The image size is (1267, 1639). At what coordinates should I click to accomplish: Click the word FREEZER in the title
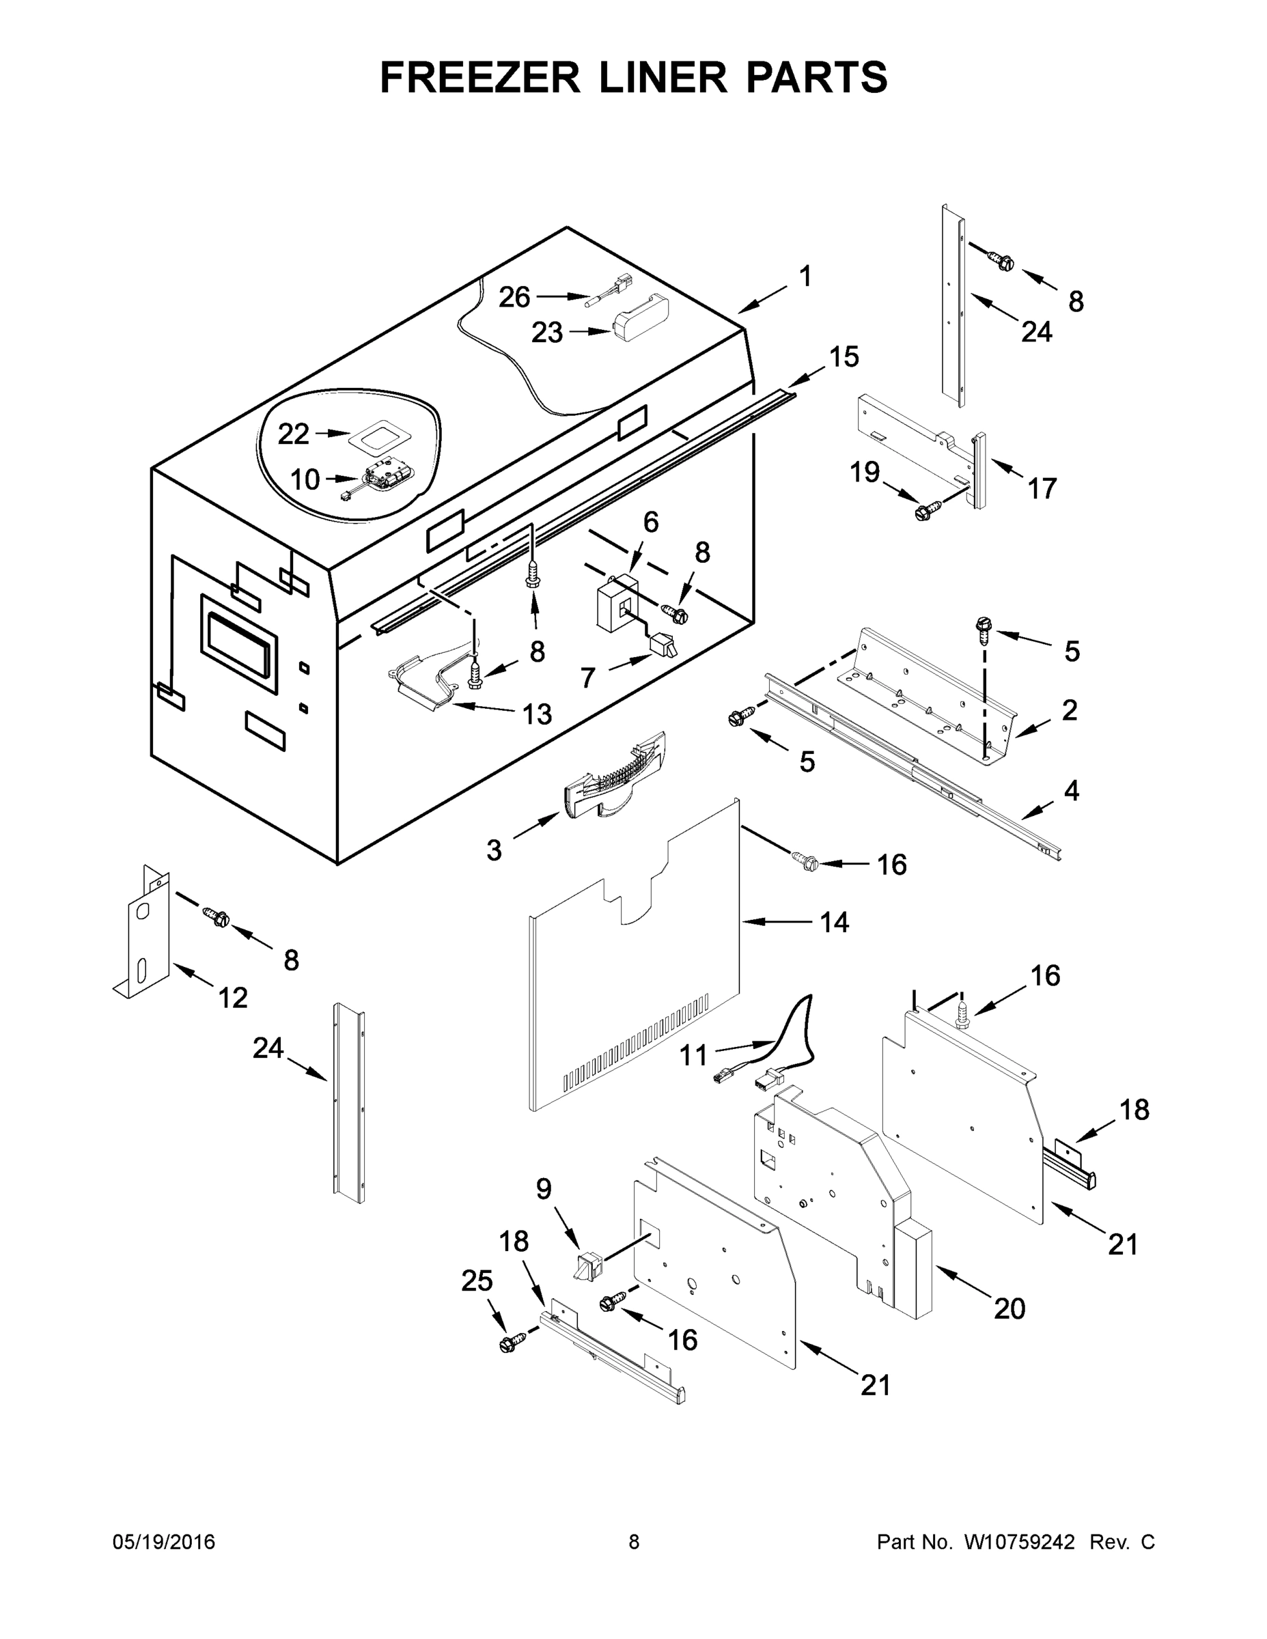coord(480,77)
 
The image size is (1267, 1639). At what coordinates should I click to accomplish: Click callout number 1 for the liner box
coord(805,277)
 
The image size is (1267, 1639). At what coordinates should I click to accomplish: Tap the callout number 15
coord(844,357)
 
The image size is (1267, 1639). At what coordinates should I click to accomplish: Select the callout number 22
coord(294,434)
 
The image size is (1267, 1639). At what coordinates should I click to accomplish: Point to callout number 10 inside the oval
coord(305,479)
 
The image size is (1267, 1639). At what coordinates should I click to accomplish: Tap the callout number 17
coord(1042,488)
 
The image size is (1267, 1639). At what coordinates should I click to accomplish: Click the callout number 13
coord(538,714)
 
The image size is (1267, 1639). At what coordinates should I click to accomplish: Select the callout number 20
coord(1010,1308)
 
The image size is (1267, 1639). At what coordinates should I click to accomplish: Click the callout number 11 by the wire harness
coord(693,1056)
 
